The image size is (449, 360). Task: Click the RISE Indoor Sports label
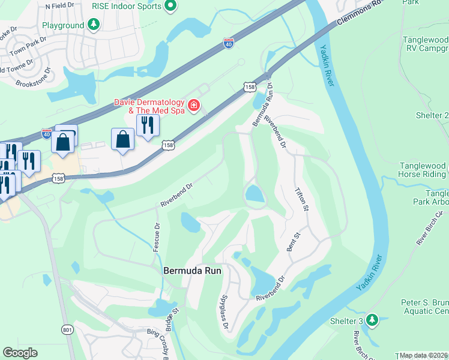pos(127,6)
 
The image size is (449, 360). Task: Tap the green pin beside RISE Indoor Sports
pos(170,7)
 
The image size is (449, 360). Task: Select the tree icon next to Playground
pos(93,25)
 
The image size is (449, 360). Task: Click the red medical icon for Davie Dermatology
pos(193,107)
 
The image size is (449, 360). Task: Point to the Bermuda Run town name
pos(193,271)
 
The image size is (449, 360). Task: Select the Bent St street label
pos(294,240)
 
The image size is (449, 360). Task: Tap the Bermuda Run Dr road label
pos(263,105)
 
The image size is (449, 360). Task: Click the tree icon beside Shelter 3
pos(372,320)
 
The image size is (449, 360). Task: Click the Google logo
pos(20,353)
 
